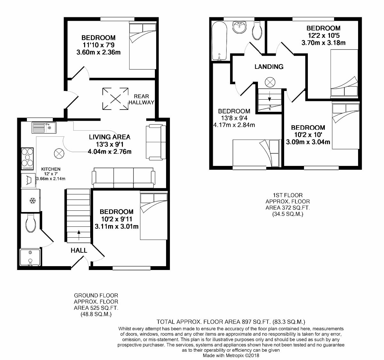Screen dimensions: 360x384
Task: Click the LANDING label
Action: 269,67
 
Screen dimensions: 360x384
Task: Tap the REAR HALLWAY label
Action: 141,99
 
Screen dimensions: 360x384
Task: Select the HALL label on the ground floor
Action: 79,250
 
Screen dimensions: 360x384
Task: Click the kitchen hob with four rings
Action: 28,159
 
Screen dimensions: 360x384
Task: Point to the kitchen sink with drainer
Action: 44,128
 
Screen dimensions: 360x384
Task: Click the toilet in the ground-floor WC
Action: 31,223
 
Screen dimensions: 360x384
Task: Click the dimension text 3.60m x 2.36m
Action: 98,52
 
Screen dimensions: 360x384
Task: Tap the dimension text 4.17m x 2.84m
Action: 234,125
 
